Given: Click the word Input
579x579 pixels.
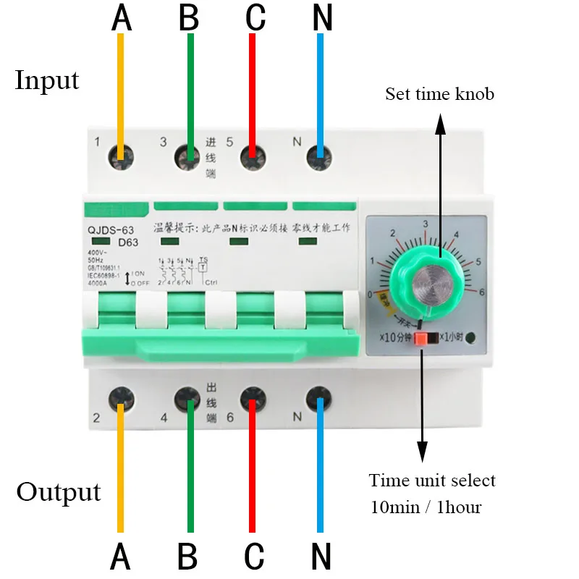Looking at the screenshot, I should click(x=47, y=80).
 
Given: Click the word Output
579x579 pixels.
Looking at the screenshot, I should click(x=58, y=492).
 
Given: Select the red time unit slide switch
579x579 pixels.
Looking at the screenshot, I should click(x=420, y=338).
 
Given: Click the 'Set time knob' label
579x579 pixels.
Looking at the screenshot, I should click(x=439, y=94).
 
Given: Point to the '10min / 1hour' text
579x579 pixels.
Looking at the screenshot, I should click(x=425, y=507).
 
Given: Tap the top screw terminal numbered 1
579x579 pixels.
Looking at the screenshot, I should click(x=121, y=154).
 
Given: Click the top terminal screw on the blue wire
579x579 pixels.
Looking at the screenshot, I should click(x=319, y=154).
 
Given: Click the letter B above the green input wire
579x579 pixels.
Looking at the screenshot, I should click(x=188, y=18).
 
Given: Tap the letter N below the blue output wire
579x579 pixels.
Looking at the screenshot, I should click(x=321, y=557).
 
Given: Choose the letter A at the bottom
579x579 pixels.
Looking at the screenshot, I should click(x=121, y=557).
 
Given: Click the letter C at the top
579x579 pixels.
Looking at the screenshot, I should click(x=255, y=18).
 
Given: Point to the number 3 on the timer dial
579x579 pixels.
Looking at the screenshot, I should click(x=426, y=224).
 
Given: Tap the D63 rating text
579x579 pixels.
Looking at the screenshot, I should click(x=128, y=242).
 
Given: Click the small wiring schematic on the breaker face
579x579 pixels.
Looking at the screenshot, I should click(x=185, y=271).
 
